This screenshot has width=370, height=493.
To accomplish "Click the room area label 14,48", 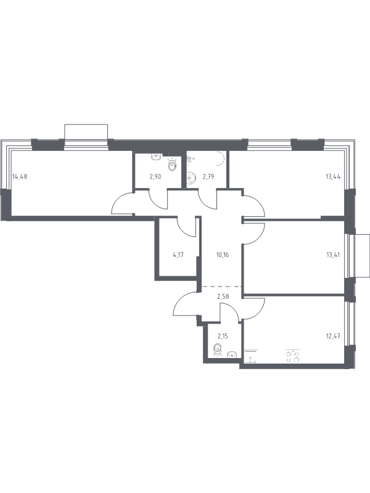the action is (x=20, y=176).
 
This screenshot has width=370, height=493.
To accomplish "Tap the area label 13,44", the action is (x=333, y=176).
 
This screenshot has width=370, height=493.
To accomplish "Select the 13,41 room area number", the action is (x=333, y=255).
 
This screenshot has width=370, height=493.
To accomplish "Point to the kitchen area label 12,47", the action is (x=333, y=336).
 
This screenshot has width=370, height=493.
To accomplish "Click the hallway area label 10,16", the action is (x=222, y=255).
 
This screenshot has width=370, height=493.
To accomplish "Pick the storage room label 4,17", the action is (x=178, y=255).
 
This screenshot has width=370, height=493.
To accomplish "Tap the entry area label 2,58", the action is (x=223, y=296).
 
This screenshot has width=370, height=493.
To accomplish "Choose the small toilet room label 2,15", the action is (x=223, y=336).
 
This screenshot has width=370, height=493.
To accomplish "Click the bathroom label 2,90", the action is (x=155, y=176).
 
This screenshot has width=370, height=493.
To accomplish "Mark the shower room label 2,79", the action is (x=208, y=176).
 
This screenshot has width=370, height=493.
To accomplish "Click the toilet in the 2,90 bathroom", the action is (x=173, y=164).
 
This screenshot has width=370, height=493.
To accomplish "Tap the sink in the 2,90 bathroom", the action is (x=157, y=157).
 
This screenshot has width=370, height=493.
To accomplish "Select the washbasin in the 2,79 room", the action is (x=191, y=178).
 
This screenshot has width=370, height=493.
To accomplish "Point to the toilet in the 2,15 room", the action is (x=217, y=349).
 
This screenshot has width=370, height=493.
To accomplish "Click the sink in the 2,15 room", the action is (x=232, y=354).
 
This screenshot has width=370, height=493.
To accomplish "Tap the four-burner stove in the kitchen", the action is (x=292, y=356).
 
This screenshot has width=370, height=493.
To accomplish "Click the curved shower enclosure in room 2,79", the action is (x=221, y=159).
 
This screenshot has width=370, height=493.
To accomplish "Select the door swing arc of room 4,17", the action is (x=187, y=227).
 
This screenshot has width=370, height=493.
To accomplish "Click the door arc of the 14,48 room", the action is (x=122, y=203).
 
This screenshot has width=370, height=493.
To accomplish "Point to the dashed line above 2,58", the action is (x=221, y=287).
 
